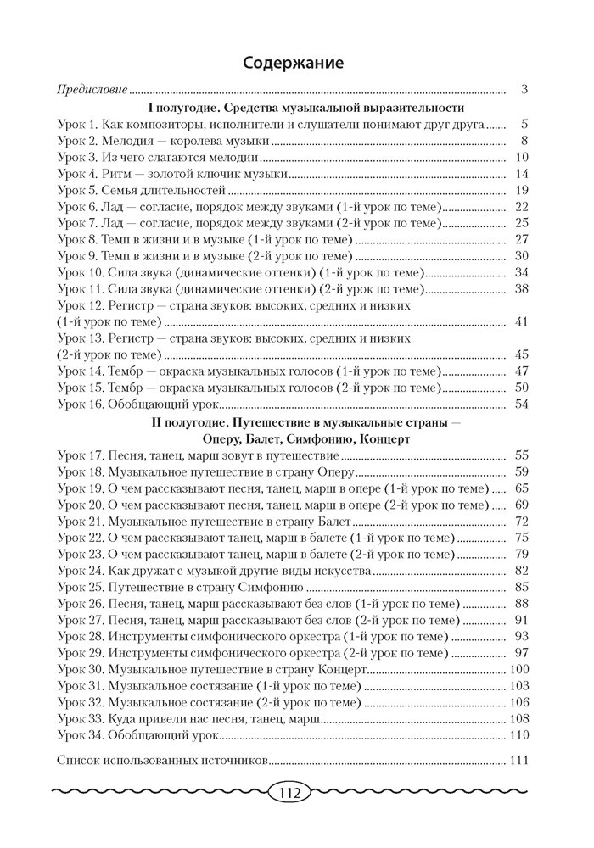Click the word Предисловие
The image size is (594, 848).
[92, 88]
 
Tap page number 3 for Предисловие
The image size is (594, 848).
[525, 88]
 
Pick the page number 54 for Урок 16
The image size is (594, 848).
[522, 404]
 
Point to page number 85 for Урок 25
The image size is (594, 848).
[522, 587]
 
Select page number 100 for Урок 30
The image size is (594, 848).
[518, 669]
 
